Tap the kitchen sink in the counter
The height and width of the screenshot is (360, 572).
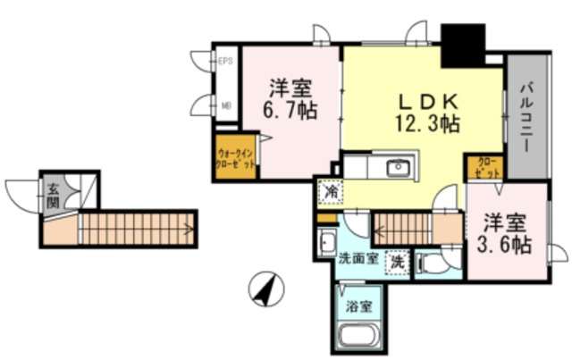[396, 167]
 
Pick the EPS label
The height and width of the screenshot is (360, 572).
[226, 61]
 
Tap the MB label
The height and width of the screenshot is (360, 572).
[226, 104]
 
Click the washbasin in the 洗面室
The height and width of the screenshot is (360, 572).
[326, 240]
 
